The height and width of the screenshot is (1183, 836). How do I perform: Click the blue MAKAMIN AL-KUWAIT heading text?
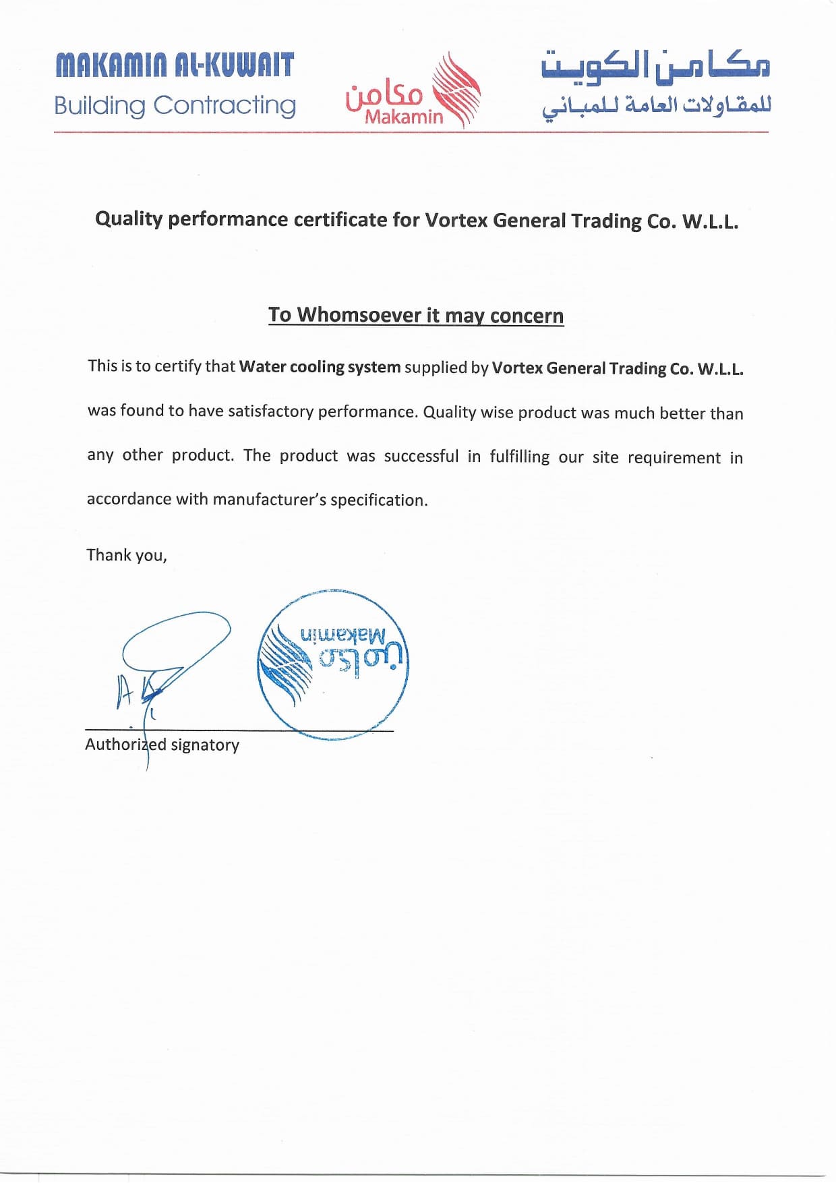click(x=175, y=65)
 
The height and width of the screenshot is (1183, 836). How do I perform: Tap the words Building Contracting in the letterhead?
click(x=175, y=106)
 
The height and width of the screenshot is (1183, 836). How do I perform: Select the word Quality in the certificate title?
click(x=129, y=219)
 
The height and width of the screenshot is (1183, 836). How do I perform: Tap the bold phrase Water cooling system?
click(x=320, y=367)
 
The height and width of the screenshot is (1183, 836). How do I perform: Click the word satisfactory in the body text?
click(x=270, y=411)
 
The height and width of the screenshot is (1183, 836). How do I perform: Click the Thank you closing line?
click(x=126, y=555)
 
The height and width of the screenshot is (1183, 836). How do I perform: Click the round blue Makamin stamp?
click(x=333, y=664)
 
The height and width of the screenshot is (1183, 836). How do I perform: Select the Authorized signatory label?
click(x=162, y=745)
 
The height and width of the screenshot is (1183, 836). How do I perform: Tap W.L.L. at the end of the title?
click(x=710, y=222)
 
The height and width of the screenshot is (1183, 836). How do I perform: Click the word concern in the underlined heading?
click(x=527, y=316)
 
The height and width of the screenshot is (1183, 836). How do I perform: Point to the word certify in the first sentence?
click(x=177, y=366)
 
